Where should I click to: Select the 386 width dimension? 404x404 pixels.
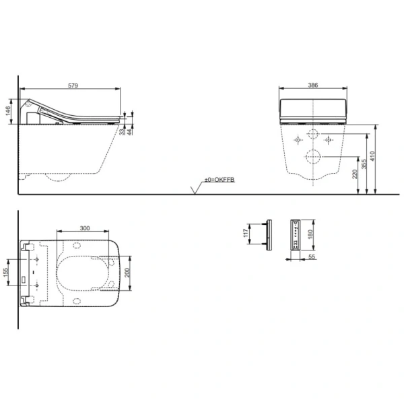click(313, 85)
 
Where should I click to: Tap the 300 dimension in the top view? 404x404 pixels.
click(84, 228)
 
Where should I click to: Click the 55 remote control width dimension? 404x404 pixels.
click(312, 257)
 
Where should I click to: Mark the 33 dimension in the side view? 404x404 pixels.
click(123, 133)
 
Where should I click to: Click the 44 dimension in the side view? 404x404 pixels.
click(131, 133)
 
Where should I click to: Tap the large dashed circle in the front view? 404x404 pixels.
click(313, 158)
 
